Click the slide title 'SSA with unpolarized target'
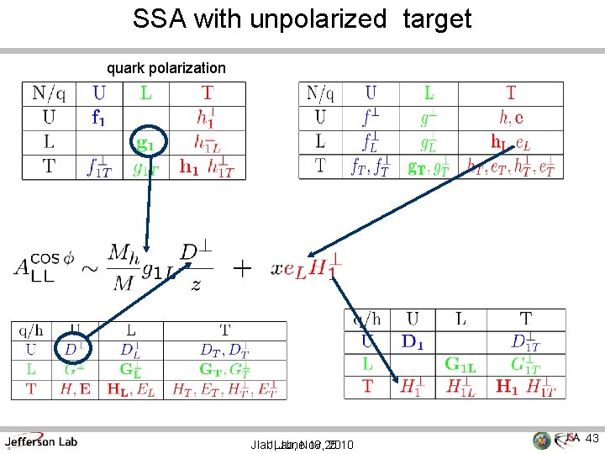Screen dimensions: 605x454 click(x=302, y=19)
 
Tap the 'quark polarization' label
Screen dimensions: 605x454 click(x=166, y=67)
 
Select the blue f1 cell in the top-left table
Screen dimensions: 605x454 click(x=99, y=119)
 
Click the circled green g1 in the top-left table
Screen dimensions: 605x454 click(x=145, y=143)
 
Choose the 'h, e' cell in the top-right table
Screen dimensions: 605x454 click(x=511, y=118)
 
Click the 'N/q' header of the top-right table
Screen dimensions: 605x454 click(x=320, y=93)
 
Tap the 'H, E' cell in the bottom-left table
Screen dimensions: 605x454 click(x=75, y=388)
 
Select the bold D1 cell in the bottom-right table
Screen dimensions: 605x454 click(x=413, y=342)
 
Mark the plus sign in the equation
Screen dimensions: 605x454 click(x=242, y=268)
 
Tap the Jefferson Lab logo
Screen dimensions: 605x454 click(x=40, y=441)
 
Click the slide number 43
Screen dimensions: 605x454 click(x=592, y=438)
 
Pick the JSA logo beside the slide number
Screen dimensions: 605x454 click(x=558, y=440)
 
